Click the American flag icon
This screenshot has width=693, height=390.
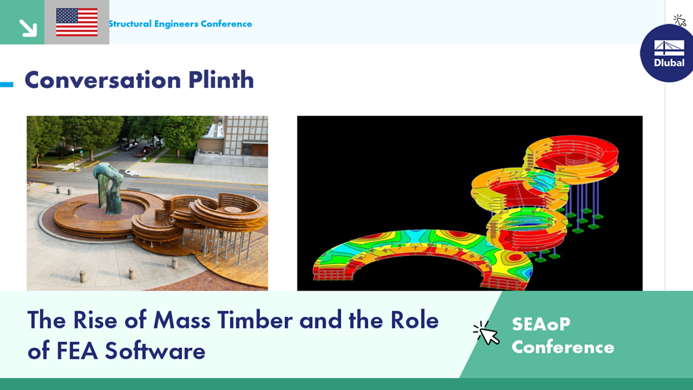click(x=77, y=22)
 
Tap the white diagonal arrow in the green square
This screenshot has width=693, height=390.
click(x=28, y=28)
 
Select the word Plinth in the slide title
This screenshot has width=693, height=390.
click(x=221, y=80)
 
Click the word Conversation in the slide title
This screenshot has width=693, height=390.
click(x=103, y=80)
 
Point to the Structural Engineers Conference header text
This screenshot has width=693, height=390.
click(x=180, y=24)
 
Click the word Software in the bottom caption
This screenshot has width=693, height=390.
click(x=155, y=351)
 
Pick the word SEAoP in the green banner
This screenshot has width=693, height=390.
click(x=541, y=324)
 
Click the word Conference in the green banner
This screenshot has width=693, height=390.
click(x=563, y=347)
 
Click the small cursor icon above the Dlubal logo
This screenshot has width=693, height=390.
click(x=679, y=20)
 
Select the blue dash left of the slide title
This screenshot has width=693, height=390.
click(x=7, y=84)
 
